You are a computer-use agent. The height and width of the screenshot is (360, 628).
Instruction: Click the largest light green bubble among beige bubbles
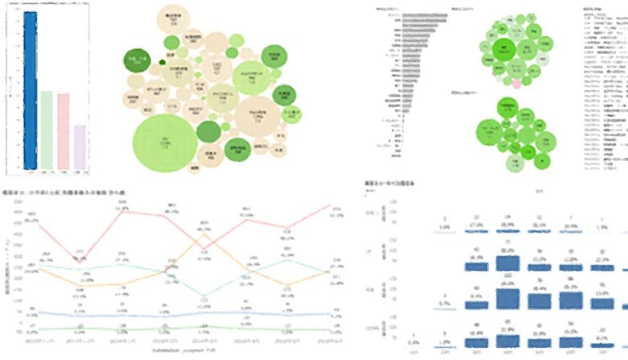(165, 143)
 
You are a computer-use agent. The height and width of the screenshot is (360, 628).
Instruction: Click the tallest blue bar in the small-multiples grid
(506, 295)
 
